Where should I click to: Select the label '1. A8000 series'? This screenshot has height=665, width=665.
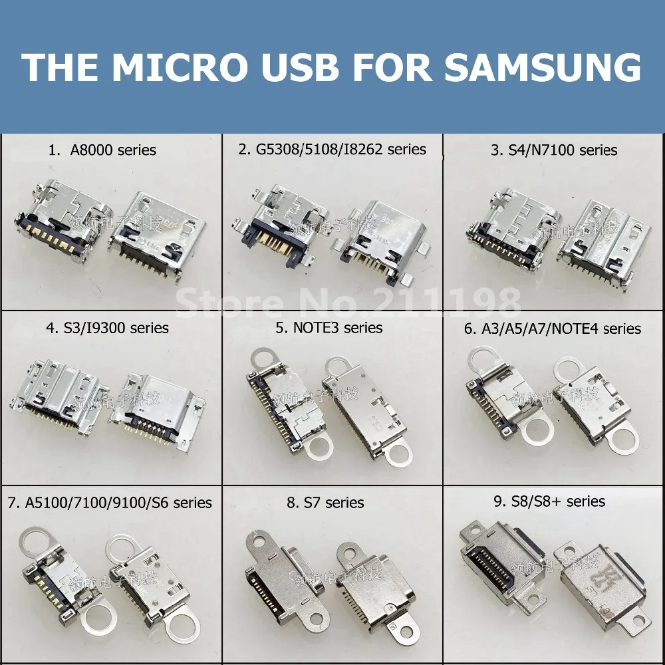[x=102, y=150]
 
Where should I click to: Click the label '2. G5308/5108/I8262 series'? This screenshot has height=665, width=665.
[x=332, y=149]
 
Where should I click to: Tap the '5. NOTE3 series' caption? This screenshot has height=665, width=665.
[x=329, y=328]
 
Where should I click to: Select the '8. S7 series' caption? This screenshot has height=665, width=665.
[x=325, y=503]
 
